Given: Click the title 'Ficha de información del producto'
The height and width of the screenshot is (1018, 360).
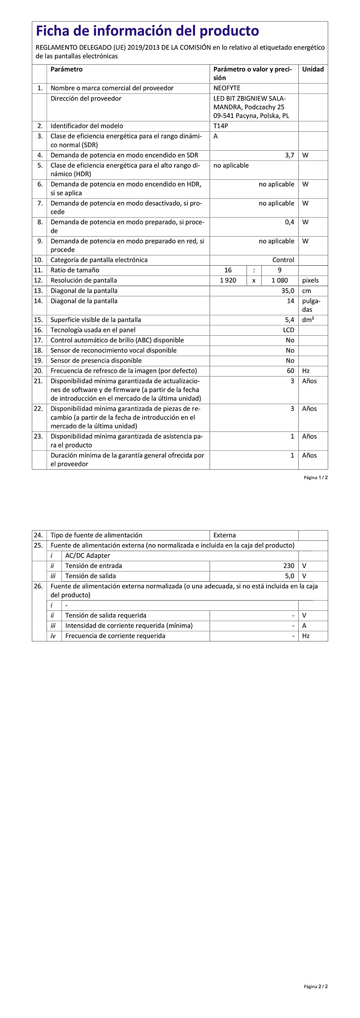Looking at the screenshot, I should coord(147,31).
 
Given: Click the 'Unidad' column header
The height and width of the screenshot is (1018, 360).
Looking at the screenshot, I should coord(313,69).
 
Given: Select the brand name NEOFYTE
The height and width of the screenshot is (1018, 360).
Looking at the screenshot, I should coord(227,88).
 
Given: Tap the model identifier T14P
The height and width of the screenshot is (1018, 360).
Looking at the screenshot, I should coord(221,126).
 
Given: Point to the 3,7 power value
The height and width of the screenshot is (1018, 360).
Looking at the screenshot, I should coord(289,155).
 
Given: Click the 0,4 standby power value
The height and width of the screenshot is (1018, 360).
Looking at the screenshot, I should coord(289,222).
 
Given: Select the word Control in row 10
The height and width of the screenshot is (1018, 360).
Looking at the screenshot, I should coord(283,260).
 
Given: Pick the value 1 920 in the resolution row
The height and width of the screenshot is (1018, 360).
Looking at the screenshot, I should coord(228,280).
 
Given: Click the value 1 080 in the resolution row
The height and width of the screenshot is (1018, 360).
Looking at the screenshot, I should coord(280,280).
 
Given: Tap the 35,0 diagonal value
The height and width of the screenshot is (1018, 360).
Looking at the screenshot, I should coord(288,291).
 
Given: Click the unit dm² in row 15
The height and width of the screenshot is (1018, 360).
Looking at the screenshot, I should coord(308,320).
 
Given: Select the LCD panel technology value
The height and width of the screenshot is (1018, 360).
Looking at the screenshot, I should coord(288,330).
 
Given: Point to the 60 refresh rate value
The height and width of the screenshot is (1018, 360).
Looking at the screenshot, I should coord(290,371).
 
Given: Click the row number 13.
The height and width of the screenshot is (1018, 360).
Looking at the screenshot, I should coord(38,291).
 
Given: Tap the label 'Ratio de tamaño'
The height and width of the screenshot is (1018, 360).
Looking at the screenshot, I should coord(75,270).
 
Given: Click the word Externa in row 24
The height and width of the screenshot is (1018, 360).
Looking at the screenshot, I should coord(224,535).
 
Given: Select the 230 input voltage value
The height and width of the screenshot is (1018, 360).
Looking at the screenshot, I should coord(288,566).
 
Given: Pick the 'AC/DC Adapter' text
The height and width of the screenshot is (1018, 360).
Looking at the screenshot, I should coord(88,556).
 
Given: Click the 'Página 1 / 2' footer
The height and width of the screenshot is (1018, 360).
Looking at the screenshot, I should coord(315,478).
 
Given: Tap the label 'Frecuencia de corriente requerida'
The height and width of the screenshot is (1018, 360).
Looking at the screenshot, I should coord(115,636).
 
